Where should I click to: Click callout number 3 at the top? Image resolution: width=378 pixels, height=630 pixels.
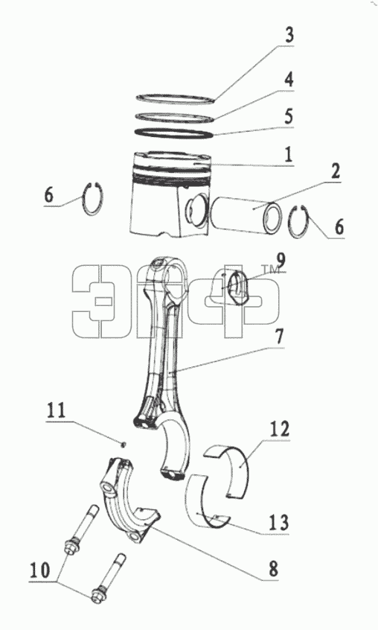point(289,35)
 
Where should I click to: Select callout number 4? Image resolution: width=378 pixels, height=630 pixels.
point(289,79)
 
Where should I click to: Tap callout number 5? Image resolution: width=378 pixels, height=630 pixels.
point(289,115)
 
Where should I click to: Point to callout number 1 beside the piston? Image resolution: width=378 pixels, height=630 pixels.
point(288,155)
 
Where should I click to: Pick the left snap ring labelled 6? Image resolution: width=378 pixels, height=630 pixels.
point(94,198)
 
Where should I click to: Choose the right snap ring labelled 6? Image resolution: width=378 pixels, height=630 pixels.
point(300,222)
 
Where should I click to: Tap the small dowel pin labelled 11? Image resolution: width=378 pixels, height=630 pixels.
point(124,444)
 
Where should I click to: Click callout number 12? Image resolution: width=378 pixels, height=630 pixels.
point(279,430)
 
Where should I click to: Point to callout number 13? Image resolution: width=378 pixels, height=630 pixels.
point(279,523)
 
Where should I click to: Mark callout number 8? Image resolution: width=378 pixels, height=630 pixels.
point(273,570)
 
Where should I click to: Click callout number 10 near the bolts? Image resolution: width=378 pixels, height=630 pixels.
point(39,570)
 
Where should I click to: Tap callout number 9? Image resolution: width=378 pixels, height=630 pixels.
point(281,261)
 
